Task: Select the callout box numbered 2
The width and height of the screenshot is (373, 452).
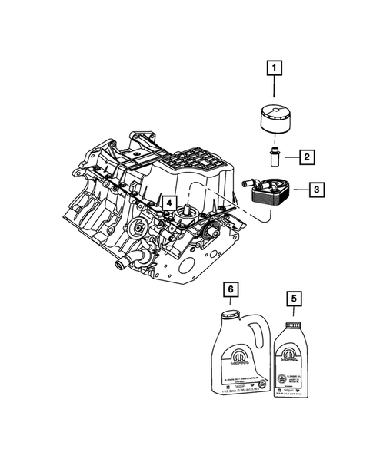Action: tap(305, 158)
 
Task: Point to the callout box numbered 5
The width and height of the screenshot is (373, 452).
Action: tap(291, 295)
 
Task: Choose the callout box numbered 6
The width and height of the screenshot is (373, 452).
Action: tap(229, 290)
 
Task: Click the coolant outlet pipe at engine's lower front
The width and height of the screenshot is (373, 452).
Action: tap(120, 265)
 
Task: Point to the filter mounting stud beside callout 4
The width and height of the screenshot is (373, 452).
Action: tap(185, 210)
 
